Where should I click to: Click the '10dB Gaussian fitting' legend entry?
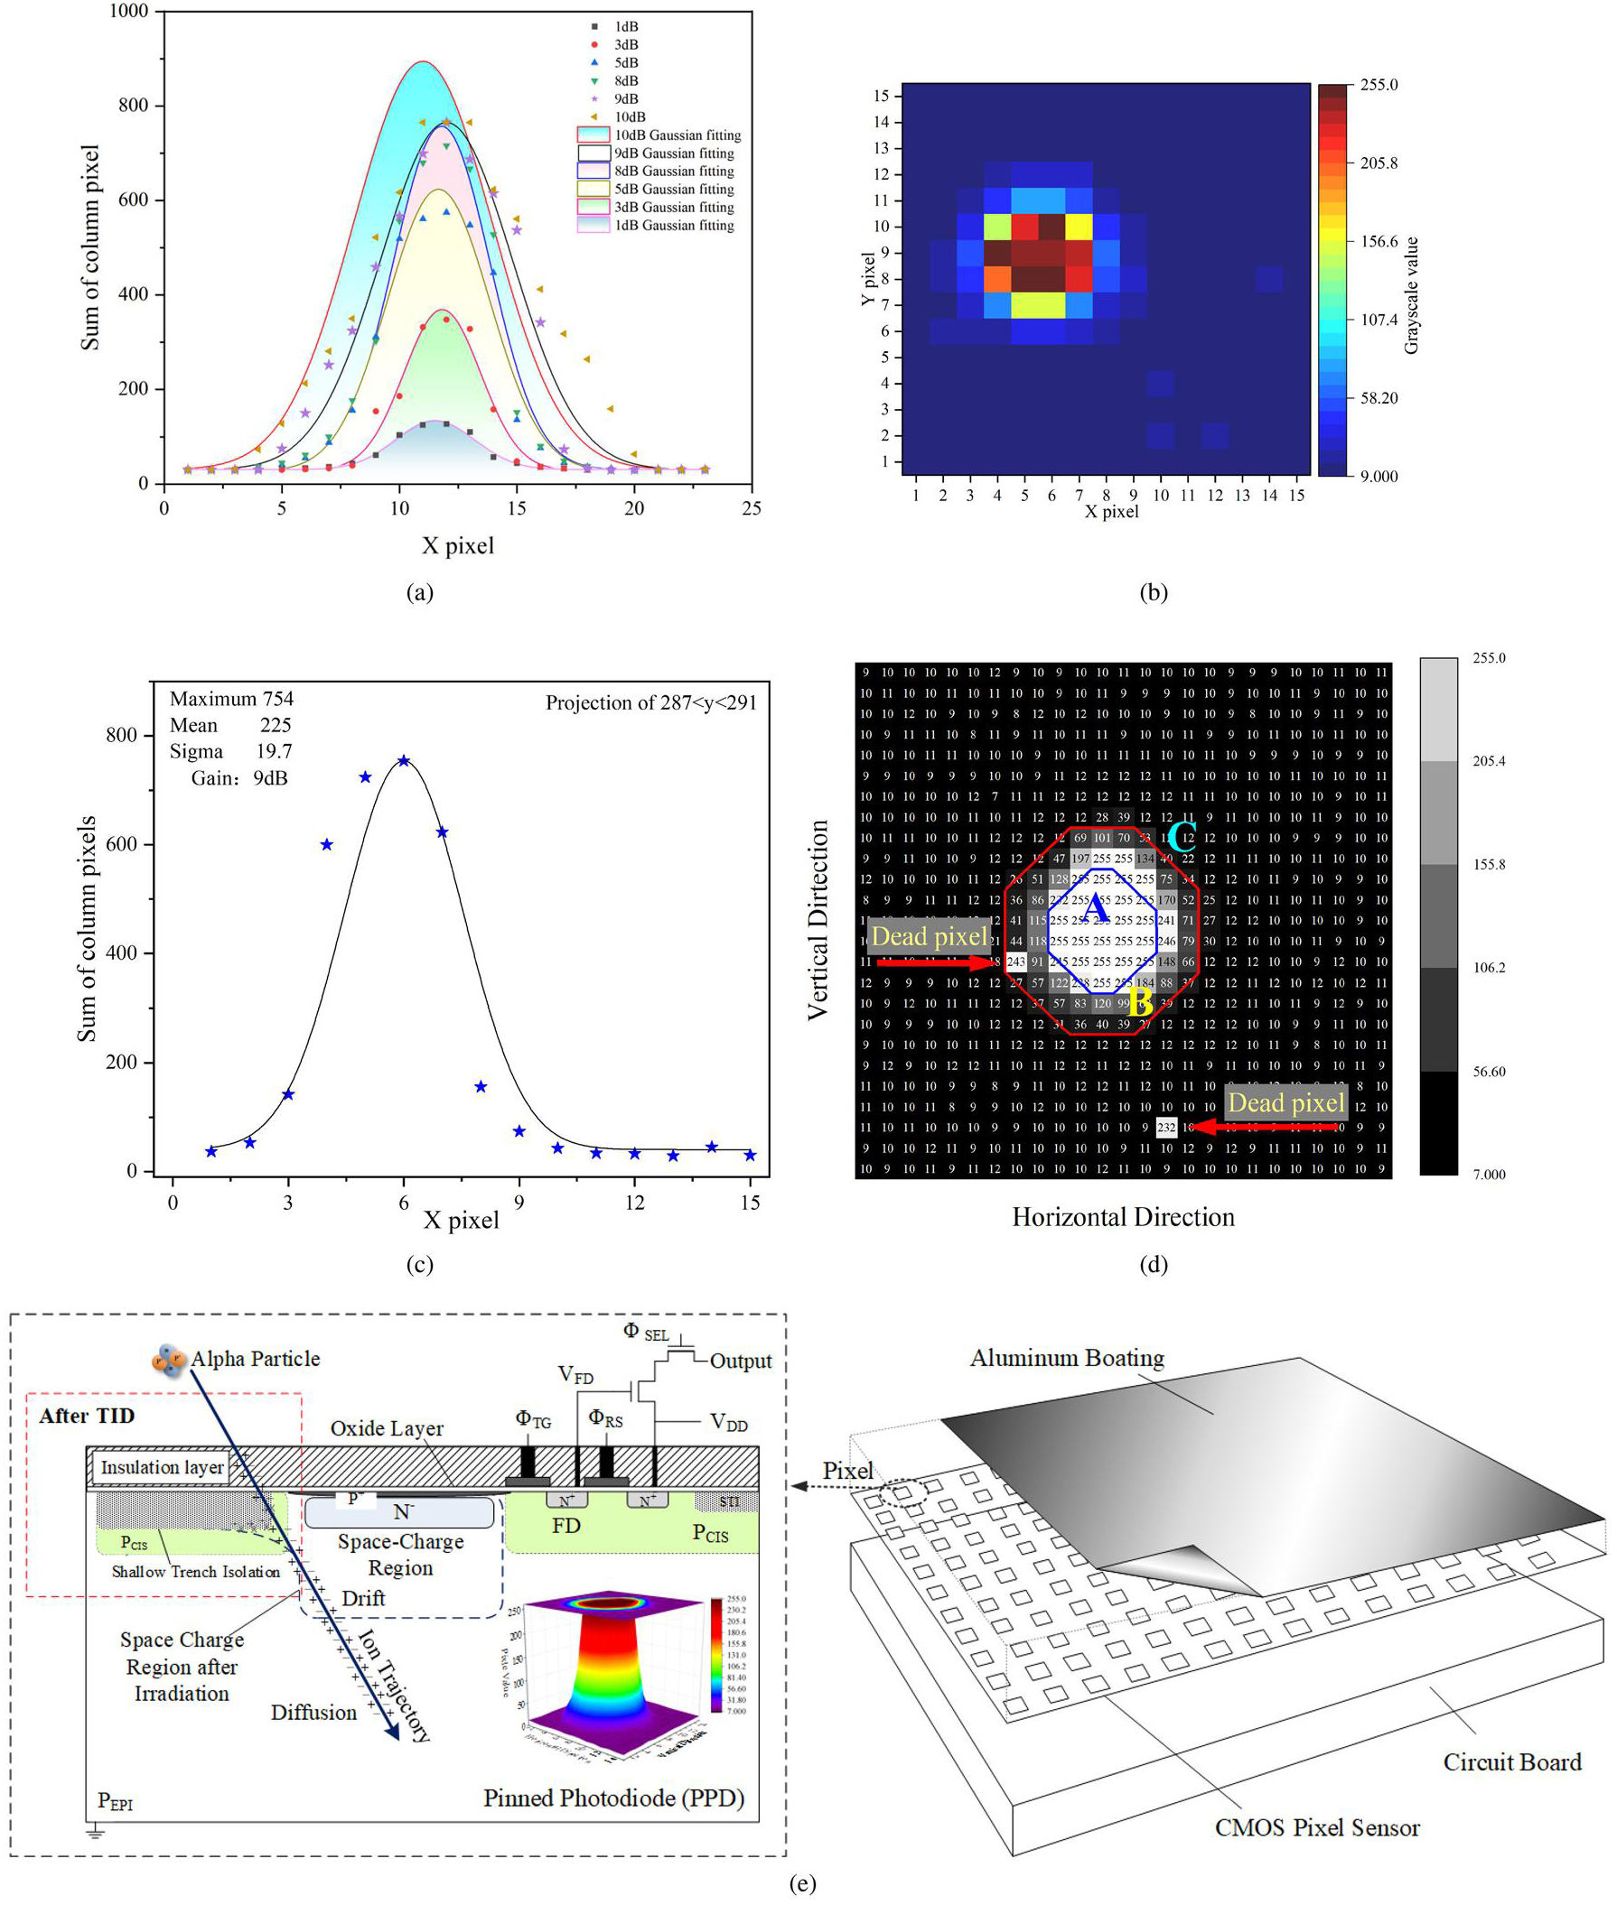[x=677, y=135]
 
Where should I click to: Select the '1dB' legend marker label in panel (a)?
[x=627, y=26]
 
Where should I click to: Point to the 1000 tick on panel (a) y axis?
[x=128, y=11]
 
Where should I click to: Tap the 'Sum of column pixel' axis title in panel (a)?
[x=89, y=246]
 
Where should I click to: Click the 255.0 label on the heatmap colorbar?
[x=1379, y=84]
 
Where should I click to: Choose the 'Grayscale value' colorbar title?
[x=1411, y=295]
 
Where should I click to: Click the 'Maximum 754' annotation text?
[x=231, y=698]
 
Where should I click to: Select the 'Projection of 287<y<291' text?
[x=650, y=702]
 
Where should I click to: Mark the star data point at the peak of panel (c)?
[x=403, y=760]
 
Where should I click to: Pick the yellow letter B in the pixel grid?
[x=1140, y=1001]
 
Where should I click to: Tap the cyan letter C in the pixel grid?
[x=1182, y=836]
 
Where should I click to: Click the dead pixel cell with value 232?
[x=1166, y=1127]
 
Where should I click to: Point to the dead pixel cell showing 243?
[x=1015, y=962]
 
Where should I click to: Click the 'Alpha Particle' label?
[x=255, y=1358]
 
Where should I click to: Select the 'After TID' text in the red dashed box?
[x=87, y=1416]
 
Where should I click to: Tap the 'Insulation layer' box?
[x=162, y=1467]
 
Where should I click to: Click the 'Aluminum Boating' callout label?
[x=1067, y=1357]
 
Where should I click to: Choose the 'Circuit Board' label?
[x=1511, y=1761]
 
